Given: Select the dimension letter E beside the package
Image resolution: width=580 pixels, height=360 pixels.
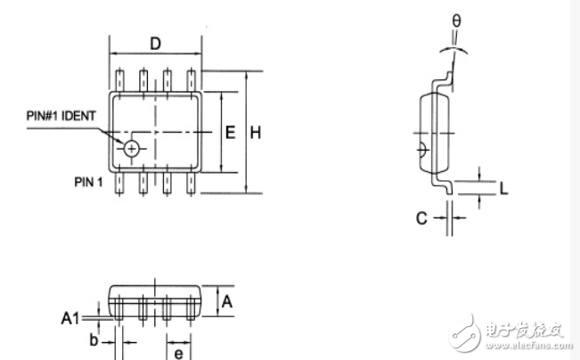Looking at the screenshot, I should coord(230,133).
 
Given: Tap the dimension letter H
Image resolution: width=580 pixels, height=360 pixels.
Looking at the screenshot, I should coord(255,133).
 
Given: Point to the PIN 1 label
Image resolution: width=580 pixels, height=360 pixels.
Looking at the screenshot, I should coord(89,182).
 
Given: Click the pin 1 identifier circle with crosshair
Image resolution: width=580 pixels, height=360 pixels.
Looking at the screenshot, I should coord(132,149).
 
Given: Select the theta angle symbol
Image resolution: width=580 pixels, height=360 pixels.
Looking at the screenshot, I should coord(457,19).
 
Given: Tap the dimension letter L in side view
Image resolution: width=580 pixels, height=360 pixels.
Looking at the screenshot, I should coord(503,189).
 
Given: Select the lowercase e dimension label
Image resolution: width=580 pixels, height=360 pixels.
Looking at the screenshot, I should coord(178,355).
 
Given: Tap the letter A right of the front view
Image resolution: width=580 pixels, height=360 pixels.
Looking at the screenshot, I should coord(227,301).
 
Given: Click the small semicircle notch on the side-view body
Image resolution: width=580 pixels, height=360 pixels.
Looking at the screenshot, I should coord(422,146).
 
